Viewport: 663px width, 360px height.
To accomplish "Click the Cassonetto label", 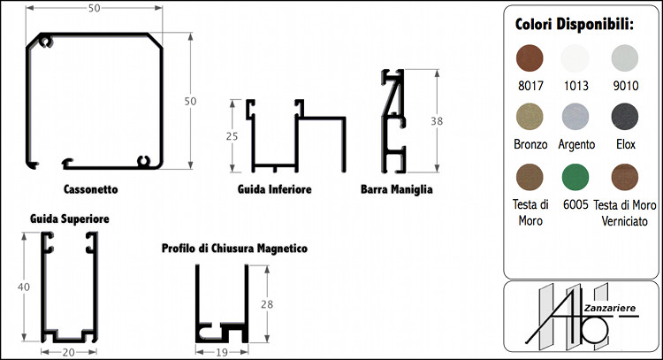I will click(91, 189).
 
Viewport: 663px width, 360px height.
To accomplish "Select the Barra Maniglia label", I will click(397, 189).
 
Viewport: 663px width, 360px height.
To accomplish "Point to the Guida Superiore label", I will click(70, 218).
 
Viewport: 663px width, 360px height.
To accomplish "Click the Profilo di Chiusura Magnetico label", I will click(234, 249).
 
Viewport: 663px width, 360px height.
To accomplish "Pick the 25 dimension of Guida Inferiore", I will click(232, 136).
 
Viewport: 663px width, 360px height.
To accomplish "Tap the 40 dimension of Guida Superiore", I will click(24, 286).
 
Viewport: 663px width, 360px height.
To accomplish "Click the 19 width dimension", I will click(222, 351).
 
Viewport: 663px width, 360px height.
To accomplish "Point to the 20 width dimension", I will click(68, 351).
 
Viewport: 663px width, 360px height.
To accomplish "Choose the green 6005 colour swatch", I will click(575, 176).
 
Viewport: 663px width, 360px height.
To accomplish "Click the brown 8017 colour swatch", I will click(530, 59).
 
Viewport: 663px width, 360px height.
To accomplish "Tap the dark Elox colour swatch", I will click(626, 117).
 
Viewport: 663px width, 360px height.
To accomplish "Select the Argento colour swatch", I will click(575, 117).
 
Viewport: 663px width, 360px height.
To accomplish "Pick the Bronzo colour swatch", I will click(530, 117).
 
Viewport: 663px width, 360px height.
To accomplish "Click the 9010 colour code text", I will click(626, 86).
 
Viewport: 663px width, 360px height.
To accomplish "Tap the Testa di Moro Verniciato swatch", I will click(626, 176).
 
